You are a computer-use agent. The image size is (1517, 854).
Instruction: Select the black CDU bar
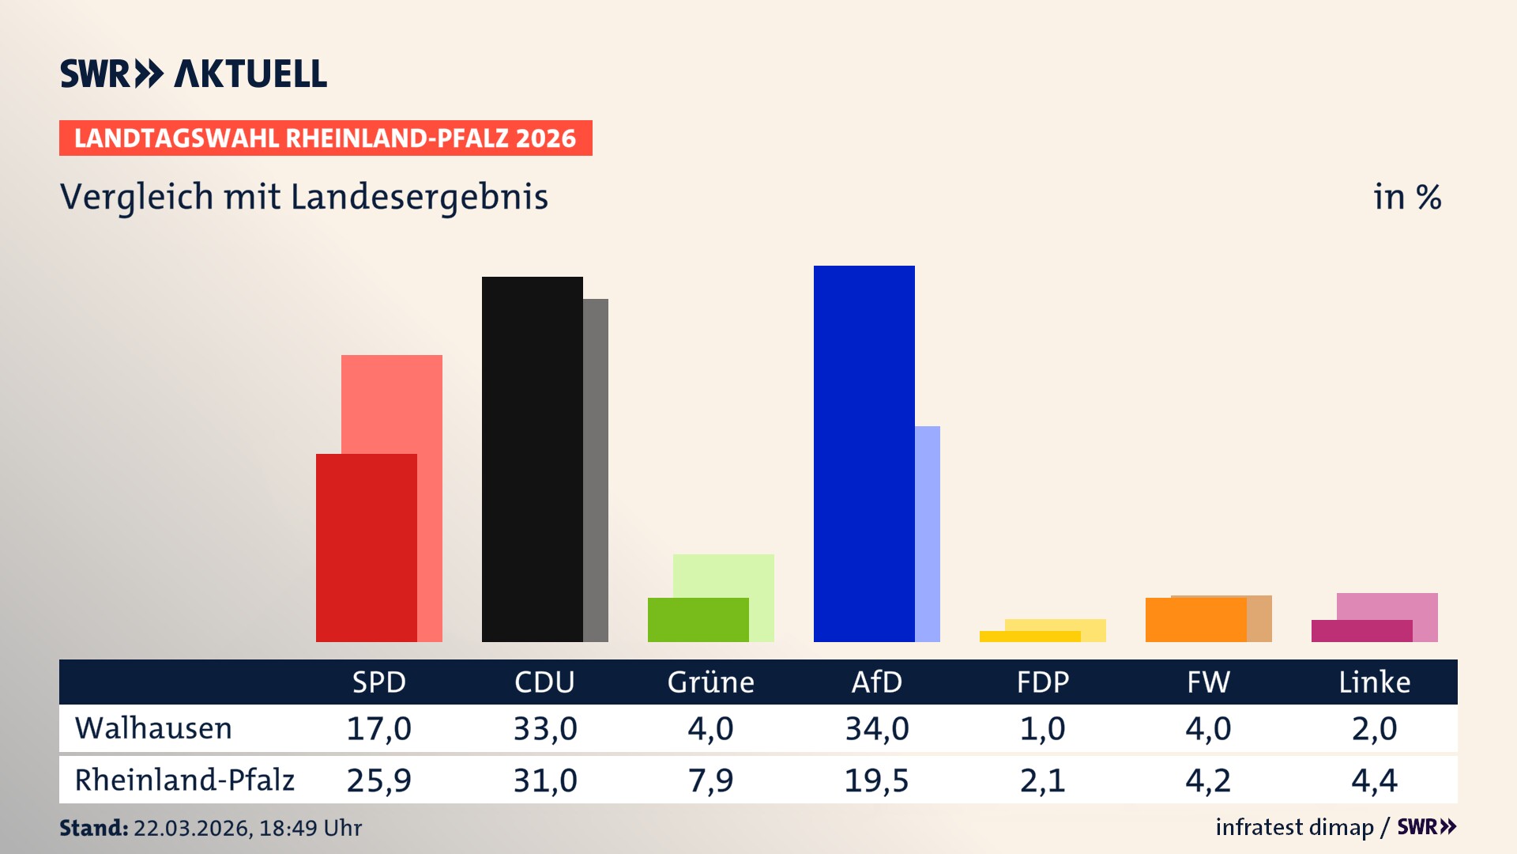tap(532, 459)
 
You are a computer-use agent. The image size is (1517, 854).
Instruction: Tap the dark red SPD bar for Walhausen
tap(366, 547)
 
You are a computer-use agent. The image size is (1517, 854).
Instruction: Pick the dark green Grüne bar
tap(698, 619)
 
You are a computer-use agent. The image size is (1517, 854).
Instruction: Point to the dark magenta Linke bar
tap(1361, 631)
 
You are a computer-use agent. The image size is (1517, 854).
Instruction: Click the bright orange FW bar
tap(1195, 619)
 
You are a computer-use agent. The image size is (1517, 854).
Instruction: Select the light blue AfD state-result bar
tap(928, 534)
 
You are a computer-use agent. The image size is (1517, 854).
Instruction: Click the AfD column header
tap(876, 682)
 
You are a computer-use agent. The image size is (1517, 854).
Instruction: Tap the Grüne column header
tap(710, 682)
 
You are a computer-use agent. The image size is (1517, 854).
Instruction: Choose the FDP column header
tap(1042, 682)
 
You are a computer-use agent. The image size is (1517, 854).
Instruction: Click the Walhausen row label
tap(153, 728)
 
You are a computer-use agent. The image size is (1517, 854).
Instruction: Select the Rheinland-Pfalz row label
tap(184, 780)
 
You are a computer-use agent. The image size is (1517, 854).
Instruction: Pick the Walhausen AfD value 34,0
tap(876, 728)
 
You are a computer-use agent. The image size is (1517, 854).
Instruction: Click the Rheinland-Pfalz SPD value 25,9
tap(378, 780)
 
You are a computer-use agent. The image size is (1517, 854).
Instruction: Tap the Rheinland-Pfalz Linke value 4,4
tap(1374, 780)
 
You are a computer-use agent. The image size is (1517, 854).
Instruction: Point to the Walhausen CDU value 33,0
tap(544, 728)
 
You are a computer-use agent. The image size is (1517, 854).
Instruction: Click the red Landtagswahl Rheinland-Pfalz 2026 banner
tap(325, 138)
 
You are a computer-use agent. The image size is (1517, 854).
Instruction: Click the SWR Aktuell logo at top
tap(193, 74)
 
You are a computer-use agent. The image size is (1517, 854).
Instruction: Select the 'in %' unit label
tap(1406, 197)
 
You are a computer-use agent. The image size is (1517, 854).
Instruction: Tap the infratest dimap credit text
tap(1294, 827)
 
